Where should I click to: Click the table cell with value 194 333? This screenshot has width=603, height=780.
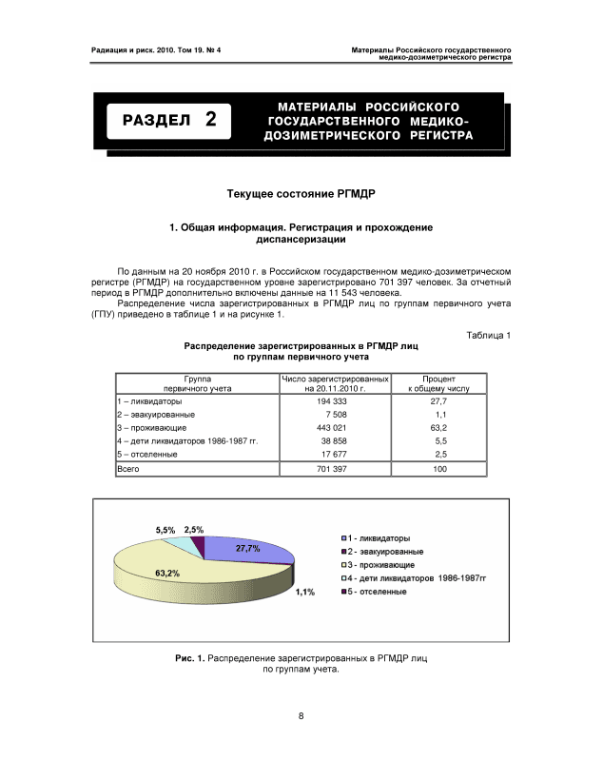click(336, 402)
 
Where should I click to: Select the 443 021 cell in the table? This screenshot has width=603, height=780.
click(336, 428)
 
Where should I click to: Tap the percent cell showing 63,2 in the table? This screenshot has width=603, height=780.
click(440, 428)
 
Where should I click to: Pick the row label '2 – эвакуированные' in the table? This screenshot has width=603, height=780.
click(156, 416)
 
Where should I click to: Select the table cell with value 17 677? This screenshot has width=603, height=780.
click(336, 454)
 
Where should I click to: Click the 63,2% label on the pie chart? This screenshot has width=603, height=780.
click(167, 573)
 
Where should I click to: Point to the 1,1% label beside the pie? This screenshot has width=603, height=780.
click(304, 592)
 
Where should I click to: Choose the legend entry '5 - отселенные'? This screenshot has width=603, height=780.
click(377, 592)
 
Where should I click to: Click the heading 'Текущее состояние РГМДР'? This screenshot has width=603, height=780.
click(301, 194)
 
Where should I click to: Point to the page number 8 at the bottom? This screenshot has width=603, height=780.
click(301, 716)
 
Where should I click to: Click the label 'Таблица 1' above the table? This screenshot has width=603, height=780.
click(490, 335)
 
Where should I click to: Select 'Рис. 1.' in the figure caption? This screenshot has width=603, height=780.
click(189, 657)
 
